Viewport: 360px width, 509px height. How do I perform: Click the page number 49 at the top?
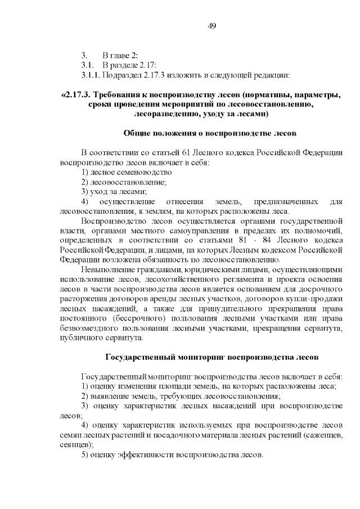pos(212,26)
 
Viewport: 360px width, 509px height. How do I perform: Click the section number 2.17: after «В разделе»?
pos(138,65)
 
